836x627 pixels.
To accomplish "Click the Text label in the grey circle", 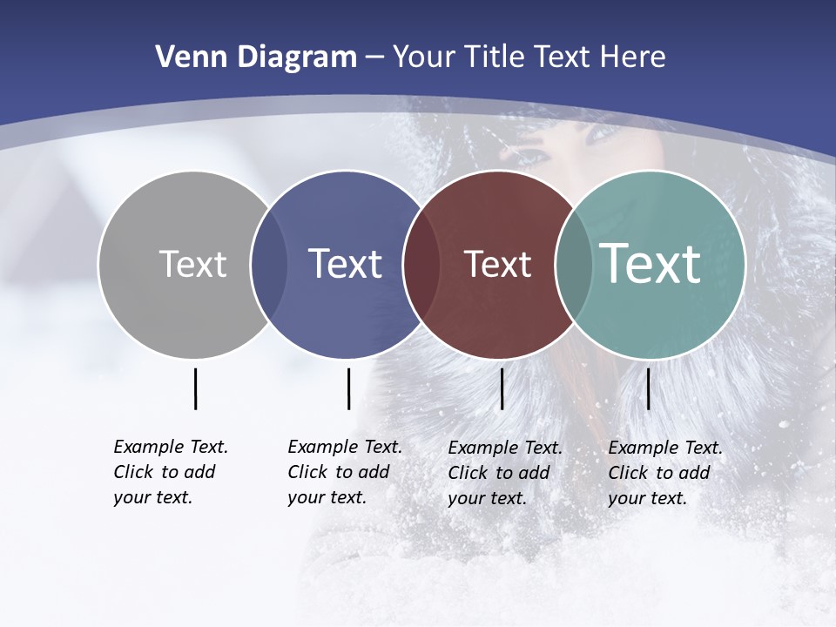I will tap(192, 264).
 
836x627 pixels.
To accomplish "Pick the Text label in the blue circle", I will tap(346, 264).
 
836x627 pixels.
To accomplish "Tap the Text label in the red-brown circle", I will tap(498, 265).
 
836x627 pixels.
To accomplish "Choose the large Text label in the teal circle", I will tap(651, 264).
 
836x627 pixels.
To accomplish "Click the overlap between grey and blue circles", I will tap(269, 265).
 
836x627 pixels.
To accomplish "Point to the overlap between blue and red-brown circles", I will tap(421, 265).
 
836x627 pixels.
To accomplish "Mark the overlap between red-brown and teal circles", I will tap(573, 265).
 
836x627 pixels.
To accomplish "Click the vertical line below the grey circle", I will tap(195, 388).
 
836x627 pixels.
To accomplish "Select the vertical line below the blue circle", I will tap(348, 388).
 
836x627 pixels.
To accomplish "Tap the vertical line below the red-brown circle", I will tap(502, 388).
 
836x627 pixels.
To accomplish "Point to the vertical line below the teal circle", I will tap(648, 388).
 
